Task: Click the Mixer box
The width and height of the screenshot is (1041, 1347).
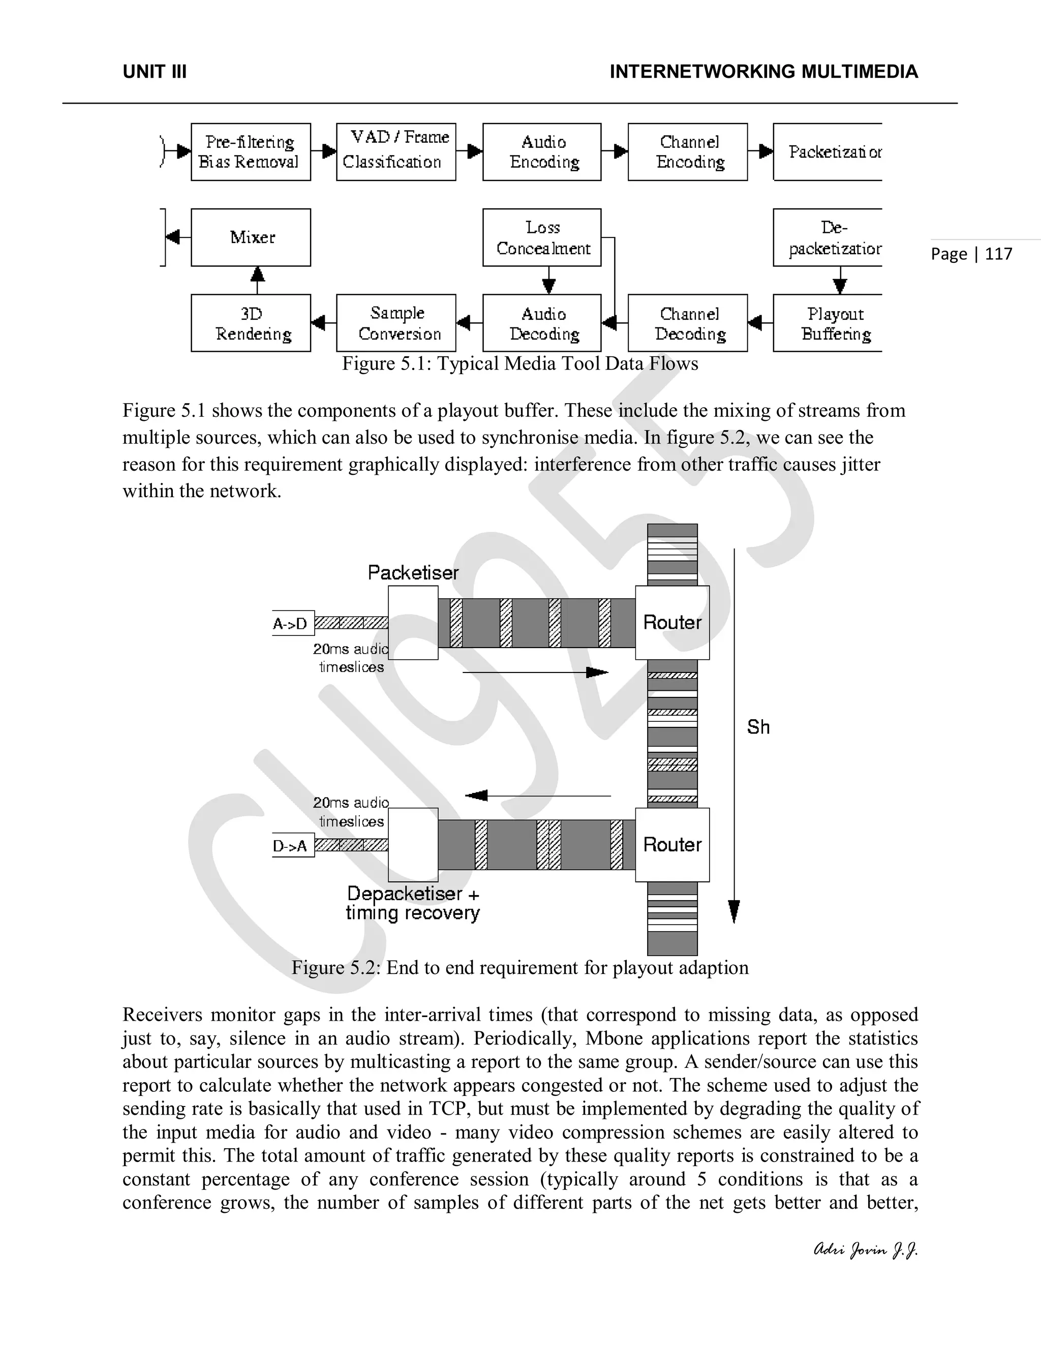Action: (x=251, y=237)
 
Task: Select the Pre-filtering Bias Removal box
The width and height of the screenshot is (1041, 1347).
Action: (x=251, y=151)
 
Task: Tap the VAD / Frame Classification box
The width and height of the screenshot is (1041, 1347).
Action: (x=396, y=151)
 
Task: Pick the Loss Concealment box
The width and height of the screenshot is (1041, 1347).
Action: (x=541, y=237)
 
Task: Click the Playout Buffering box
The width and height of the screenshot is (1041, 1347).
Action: (x=828, y=323)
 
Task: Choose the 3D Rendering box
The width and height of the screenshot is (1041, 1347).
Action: (x=251, y=323)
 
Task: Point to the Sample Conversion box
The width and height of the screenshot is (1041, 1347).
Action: (x=396, y=323)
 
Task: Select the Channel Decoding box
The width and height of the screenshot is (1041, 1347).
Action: (x=688, y=323)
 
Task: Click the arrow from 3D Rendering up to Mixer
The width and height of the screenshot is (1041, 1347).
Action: (x=257, y=280)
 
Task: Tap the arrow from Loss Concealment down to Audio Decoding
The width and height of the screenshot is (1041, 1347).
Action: (x=548, y=280)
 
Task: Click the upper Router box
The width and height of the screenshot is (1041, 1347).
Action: (x=672, y=622)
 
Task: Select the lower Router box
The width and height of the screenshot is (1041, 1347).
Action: (x=672, y=844)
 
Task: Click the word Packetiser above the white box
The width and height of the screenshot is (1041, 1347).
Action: (x=413, y=572)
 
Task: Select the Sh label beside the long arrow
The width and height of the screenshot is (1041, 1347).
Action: (x=758, y=727)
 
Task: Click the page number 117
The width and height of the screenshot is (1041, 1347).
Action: (x=998, y=254)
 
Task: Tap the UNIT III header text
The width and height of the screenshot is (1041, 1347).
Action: (x=155, y=72)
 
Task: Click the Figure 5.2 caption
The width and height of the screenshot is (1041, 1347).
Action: (x=520, y=967)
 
